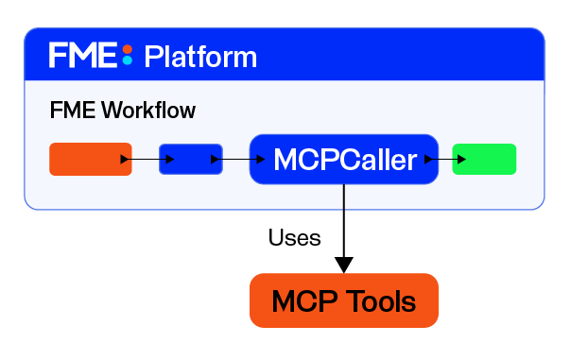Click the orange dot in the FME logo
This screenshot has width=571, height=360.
pyautogui.click(x=127, y=49)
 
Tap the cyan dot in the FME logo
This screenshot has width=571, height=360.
pyautogui.click(x=127, y=60)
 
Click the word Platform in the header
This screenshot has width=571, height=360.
pyautogui.click(x=200, y=57)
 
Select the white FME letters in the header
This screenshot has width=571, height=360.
pyautogui.click(x=83, y=55)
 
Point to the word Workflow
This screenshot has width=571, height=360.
pyautogui.click(x=148, y=110)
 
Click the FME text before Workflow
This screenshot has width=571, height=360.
pyautogui.click(x=73, y=110)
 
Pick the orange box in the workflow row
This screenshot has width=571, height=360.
pyautogui.click(x=91, y=159)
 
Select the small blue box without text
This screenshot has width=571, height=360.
pyautogui.click(x=191, y=159)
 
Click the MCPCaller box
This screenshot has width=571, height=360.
pyautogui.click(x=344, y=159)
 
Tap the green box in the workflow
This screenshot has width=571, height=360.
pyautogui.click(x=484, y=159)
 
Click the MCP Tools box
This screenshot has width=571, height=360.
pyautogui.click(x=344, y=300)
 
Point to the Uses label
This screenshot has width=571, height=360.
pyautogui.click(x=294, y=238)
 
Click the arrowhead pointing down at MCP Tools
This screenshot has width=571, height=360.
pyautogui.click(x=344, y=265)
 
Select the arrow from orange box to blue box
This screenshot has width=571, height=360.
pyautogui.click(x=147, y=159)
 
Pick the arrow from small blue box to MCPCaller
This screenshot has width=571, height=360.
pyautogui.click(x=238, y=159)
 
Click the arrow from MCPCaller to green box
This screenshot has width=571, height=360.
pyautogui.click(x=445, y=159)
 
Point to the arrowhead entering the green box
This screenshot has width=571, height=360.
pyautogui.click(x=461, y=159)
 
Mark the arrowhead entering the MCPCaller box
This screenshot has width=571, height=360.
pyautogui.click(x=261, y=159)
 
